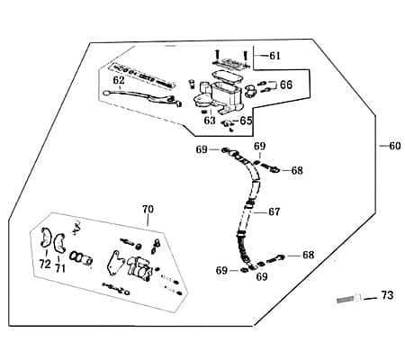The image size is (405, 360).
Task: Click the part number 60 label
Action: (x=395, y=146)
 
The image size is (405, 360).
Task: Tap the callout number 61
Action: (x=274, y=56)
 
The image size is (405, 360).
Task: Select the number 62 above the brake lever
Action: (x=119, y=80)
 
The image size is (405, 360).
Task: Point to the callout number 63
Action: (x=210, y=121)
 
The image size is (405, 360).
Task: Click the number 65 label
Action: (x=246, y=121)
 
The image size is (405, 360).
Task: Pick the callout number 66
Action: (x=286, y=85)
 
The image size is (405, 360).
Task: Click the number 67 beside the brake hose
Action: (x=274, y=211)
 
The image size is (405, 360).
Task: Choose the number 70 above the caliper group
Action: (x=148, y=210)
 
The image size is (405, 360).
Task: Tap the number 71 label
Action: (x=60, y=268)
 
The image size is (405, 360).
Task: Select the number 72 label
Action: (x=45, y=265)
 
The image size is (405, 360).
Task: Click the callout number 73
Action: (x=387, y=295)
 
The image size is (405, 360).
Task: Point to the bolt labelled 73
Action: (x=349, y=299)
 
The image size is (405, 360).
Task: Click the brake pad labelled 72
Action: (x=46, y=238)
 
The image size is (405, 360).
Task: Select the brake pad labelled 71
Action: (x=60, y=242)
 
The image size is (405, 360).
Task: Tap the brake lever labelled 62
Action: (x=141, y=96)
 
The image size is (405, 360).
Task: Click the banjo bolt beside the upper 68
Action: (x=270, y=167)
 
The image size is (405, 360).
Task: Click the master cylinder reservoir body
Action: (x=226, y=94)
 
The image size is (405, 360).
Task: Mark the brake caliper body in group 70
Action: (x=139, y=268)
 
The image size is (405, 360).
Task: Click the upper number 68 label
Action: (x=297, y=170)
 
